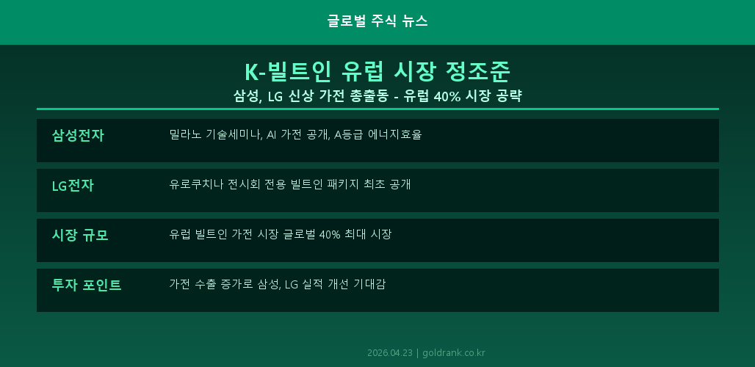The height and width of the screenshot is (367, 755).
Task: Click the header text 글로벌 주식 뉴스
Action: (377, 21)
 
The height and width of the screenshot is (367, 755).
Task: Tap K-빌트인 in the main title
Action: (283, 71)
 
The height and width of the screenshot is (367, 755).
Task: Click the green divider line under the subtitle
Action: (377, 109)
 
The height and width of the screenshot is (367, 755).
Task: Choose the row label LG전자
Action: (73, 185)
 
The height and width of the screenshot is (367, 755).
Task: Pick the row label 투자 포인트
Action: (87, 285)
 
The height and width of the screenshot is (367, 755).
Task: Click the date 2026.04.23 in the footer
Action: (390, 353)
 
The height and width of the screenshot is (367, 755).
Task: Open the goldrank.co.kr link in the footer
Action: (454, 353)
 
